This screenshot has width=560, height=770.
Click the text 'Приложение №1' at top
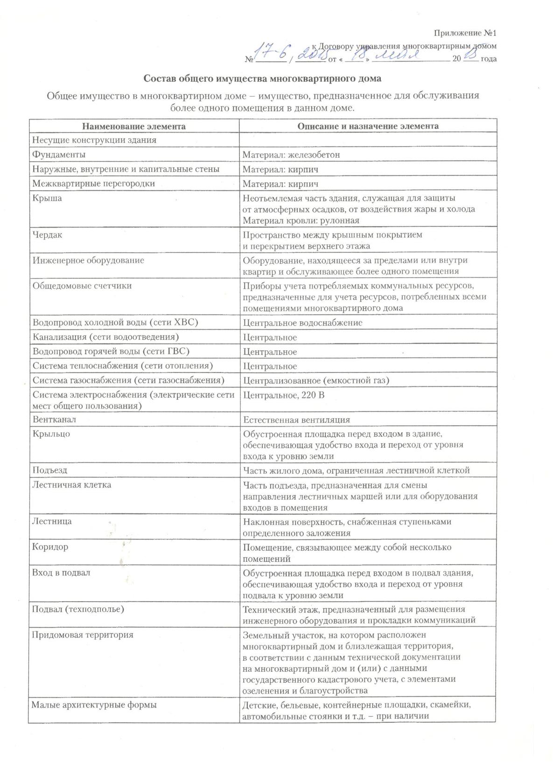tap(465, 33)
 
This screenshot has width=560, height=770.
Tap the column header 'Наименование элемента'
tap(134, 126)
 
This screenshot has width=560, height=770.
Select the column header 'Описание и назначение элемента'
tap(368, 126)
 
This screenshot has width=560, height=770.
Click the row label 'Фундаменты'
tap(59, 154)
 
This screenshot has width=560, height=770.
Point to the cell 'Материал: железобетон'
tap(291, 155)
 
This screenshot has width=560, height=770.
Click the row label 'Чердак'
tap(47, 235)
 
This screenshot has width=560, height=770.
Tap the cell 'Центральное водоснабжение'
tap(302, 323)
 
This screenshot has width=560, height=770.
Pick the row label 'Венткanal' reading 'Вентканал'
tap(54, 420)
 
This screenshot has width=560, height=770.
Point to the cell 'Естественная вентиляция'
tap(296, 420)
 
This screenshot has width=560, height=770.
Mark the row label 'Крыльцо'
tap(51, 434)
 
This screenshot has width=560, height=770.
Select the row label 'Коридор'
tap(50, 546)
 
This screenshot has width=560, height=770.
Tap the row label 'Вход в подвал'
tap(61, 573)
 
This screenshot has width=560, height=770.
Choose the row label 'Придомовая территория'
tap(82, 635)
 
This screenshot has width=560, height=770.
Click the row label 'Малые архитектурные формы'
tap(94, 705)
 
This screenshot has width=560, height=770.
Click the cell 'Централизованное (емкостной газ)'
tap(316, 381)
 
